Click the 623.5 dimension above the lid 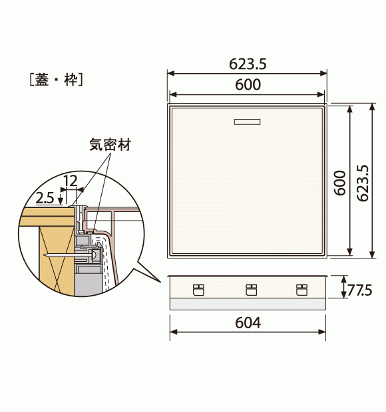pos(248,64)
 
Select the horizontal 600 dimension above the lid pos(248,84)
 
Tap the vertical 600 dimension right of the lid pos(340,183)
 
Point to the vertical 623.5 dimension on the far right pos(363,183)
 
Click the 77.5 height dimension pos(359,290)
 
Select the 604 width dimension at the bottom pos(248,323)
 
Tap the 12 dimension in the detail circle pos(71,181)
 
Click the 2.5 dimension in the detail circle pos(45,198)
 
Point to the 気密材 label pos(110,144)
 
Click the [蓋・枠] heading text pos(57,79)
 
